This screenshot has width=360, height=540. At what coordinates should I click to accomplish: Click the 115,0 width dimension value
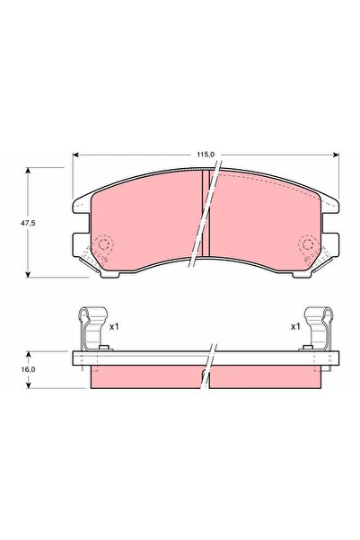point(206,155)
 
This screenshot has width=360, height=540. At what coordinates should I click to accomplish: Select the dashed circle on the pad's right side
point(307,244)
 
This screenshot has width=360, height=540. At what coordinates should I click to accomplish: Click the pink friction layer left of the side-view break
point(148,376)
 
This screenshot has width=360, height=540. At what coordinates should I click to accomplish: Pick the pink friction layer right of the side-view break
point(265,376)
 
